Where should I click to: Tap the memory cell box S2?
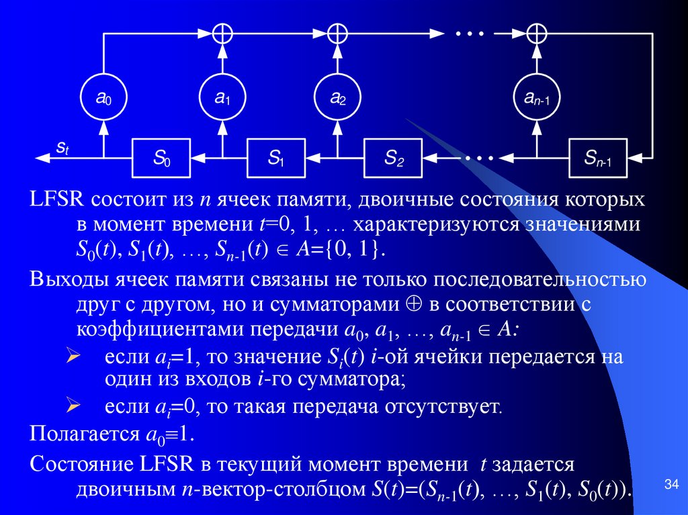[x=393, y=158]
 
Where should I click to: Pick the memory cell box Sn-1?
[x=597, y=158]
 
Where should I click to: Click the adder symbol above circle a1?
[x=221, y=32]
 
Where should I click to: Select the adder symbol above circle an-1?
[x=537, y=32]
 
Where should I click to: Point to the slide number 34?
[x=671, y=484]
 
